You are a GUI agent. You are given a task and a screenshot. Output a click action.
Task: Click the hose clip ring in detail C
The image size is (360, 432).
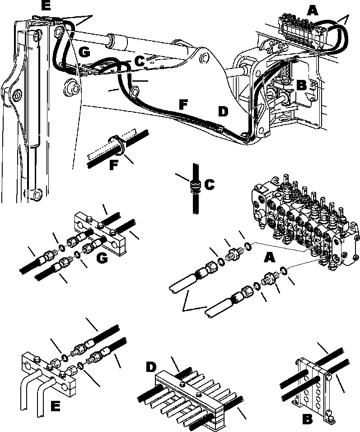195,186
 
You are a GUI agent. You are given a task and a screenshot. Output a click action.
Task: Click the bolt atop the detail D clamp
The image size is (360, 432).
182,372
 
